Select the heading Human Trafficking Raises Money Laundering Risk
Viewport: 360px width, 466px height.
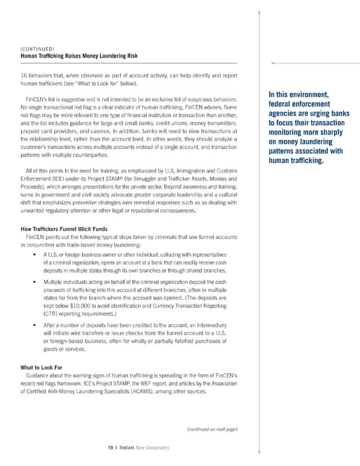[x=78, y=56]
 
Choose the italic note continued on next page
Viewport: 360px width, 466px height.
[x=212, y=430]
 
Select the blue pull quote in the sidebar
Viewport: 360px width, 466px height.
[x=309, y=128]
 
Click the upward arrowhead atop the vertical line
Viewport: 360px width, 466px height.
[x=259, y=12]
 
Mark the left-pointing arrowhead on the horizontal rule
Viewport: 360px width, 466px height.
[x=273, y=64]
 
